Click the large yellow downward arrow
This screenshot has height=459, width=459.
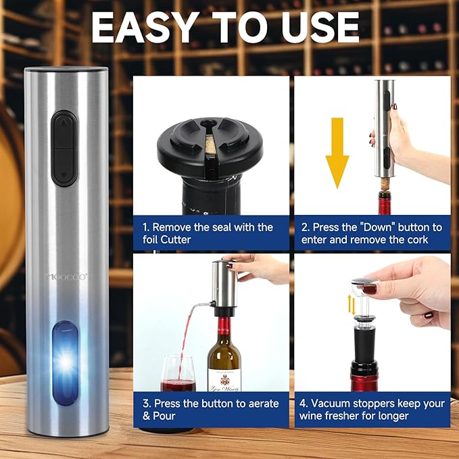coord(337,162)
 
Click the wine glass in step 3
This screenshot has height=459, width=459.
coord(178,374)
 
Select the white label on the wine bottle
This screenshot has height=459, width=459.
coord(224,378)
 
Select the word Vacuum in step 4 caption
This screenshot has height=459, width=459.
coord(337,404)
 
